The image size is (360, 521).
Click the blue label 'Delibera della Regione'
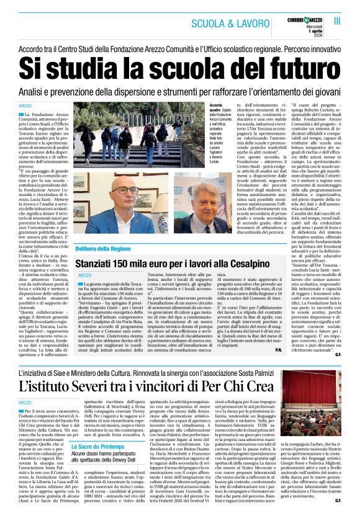coord(105,247)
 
